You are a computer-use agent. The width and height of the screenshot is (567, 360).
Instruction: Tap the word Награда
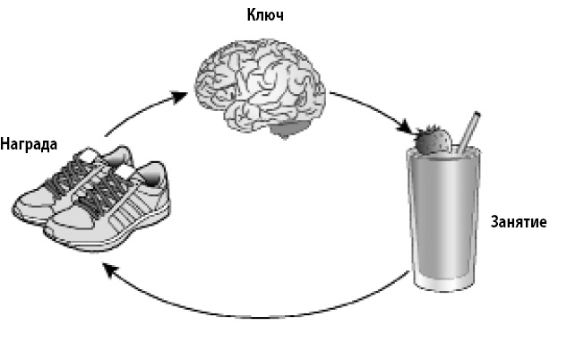29,144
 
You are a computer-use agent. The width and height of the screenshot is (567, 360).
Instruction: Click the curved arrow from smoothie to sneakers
251,313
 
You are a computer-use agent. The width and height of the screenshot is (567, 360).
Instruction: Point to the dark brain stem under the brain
288,134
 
